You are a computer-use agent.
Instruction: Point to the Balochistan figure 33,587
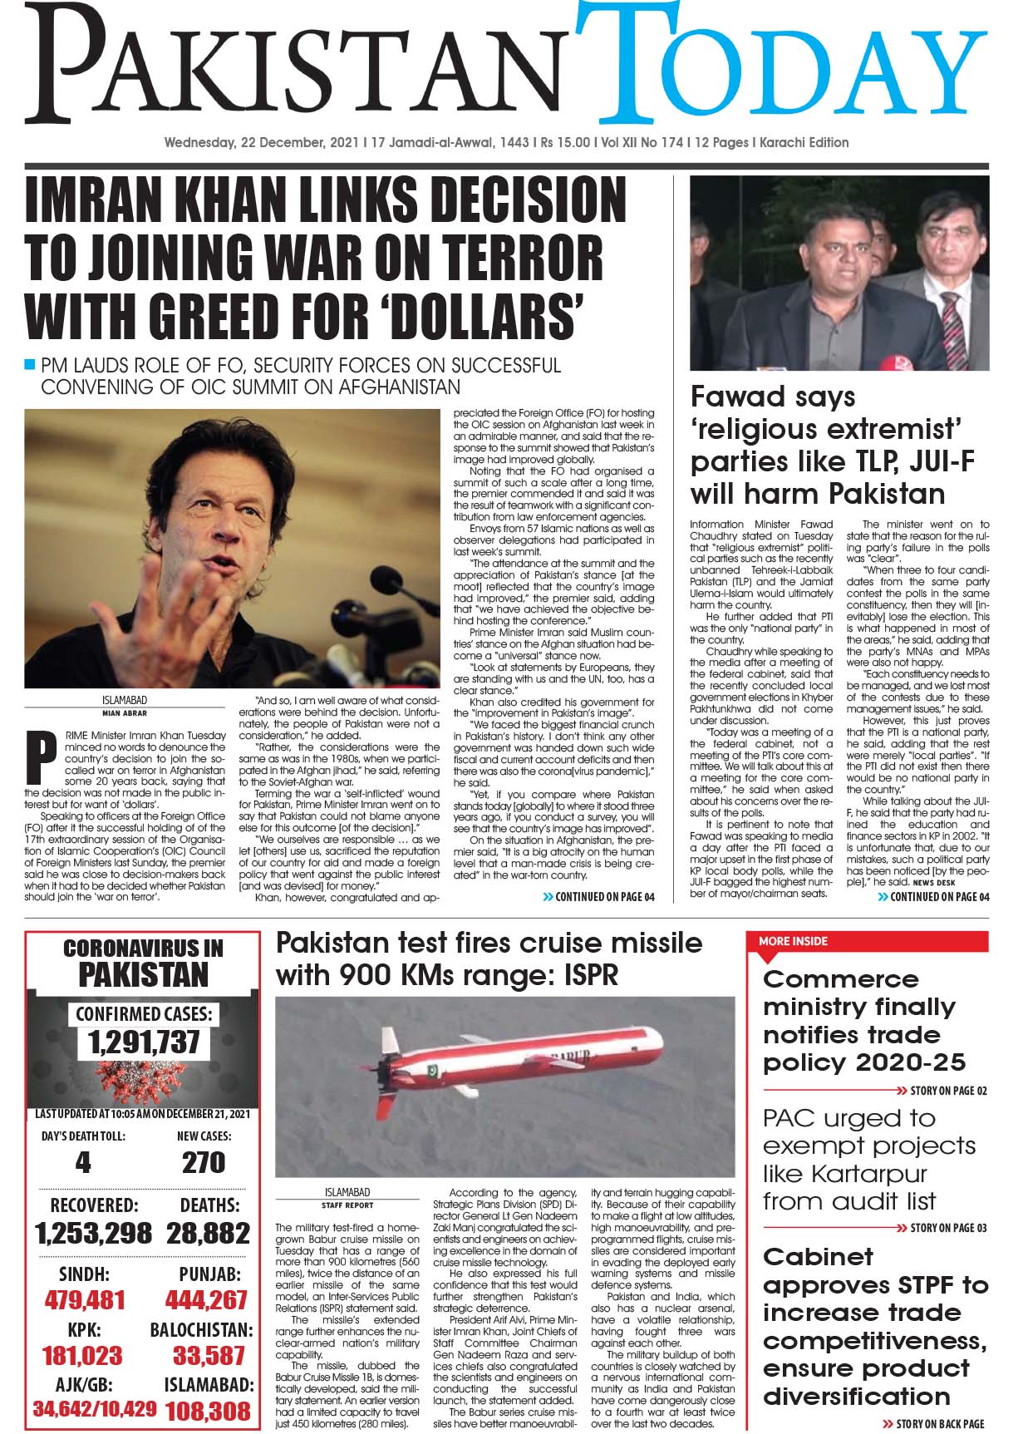pyautogui.click(x=209, y=1356)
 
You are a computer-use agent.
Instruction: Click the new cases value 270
pyautogui.click(x=204, y=1162)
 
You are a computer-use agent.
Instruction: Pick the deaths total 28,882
pyautogui.click(x=208, y=1233)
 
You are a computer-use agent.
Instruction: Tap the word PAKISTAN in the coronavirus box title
pyautogui.click(x=143, y=974)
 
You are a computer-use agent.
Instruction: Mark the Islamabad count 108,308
pyautogui.click(x=208, y=1411)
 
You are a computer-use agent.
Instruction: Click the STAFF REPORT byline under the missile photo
pyautogui.click(x=347, y=1205)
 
